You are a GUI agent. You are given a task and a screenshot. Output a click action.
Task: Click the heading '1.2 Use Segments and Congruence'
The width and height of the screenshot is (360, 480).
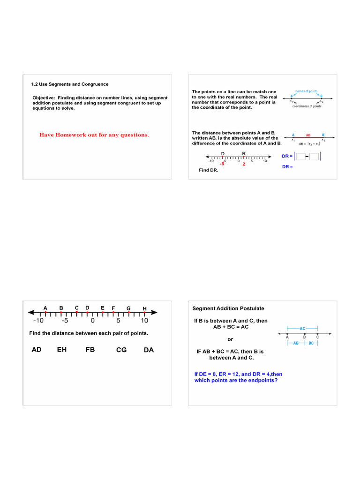(69, 84)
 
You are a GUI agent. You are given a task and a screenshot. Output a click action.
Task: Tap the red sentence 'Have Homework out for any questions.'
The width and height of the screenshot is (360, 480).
(94, 135)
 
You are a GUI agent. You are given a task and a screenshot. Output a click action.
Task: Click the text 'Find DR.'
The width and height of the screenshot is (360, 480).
(209, 170)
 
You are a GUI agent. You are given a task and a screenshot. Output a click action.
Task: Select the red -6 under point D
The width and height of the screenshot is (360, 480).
(222, 165)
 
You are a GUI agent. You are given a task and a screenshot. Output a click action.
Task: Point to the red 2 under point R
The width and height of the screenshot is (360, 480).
(244, 165)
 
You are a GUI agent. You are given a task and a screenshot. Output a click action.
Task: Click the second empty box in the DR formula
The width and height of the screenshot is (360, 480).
(314, 157)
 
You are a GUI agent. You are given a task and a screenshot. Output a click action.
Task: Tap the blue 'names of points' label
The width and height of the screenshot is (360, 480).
(307, 91)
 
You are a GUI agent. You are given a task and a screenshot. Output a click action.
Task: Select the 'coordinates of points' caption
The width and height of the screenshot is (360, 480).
(307, 106)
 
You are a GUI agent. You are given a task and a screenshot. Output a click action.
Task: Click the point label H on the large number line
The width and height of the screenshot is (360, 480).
(144, 308)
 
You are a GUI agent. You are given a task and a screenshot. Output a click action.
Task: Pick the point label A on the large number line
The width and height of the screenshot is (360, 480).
(45, 308)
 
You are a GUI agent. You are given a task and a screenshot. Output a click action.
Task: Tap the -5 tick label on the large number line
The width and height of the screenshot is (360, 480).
(65, 321)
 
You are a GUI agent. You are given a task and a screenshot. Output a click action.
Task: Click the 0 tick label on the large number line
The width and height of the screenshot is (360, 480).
(93, 321)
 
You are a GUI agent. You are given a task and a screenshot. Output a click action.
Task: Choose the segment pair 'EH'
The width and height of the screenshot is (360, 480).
(62, 350)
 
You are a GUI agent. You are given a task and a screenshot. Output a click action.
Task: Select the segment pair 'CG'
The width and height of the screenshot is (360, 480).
(121, 350)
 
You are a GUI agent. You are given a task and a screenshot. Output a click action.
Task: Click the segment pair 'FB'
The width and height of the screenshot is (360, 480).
(90, 350)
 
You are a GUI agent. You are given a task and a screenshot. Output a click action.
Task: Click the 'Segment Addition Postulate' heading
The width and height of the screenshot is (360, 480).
(228, 308)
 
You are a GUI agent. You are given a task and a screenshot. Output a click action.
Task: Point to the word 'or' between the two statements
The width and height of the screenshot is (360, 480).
(230, 339)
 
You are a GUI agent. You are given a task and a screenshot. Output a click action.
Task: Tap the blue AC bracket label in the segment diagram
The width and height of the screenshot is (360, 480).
(302, 329)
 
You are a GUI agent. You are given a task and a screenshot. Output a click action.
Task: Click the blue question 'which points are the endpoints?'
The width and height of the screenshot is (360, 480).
(236, 381)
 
